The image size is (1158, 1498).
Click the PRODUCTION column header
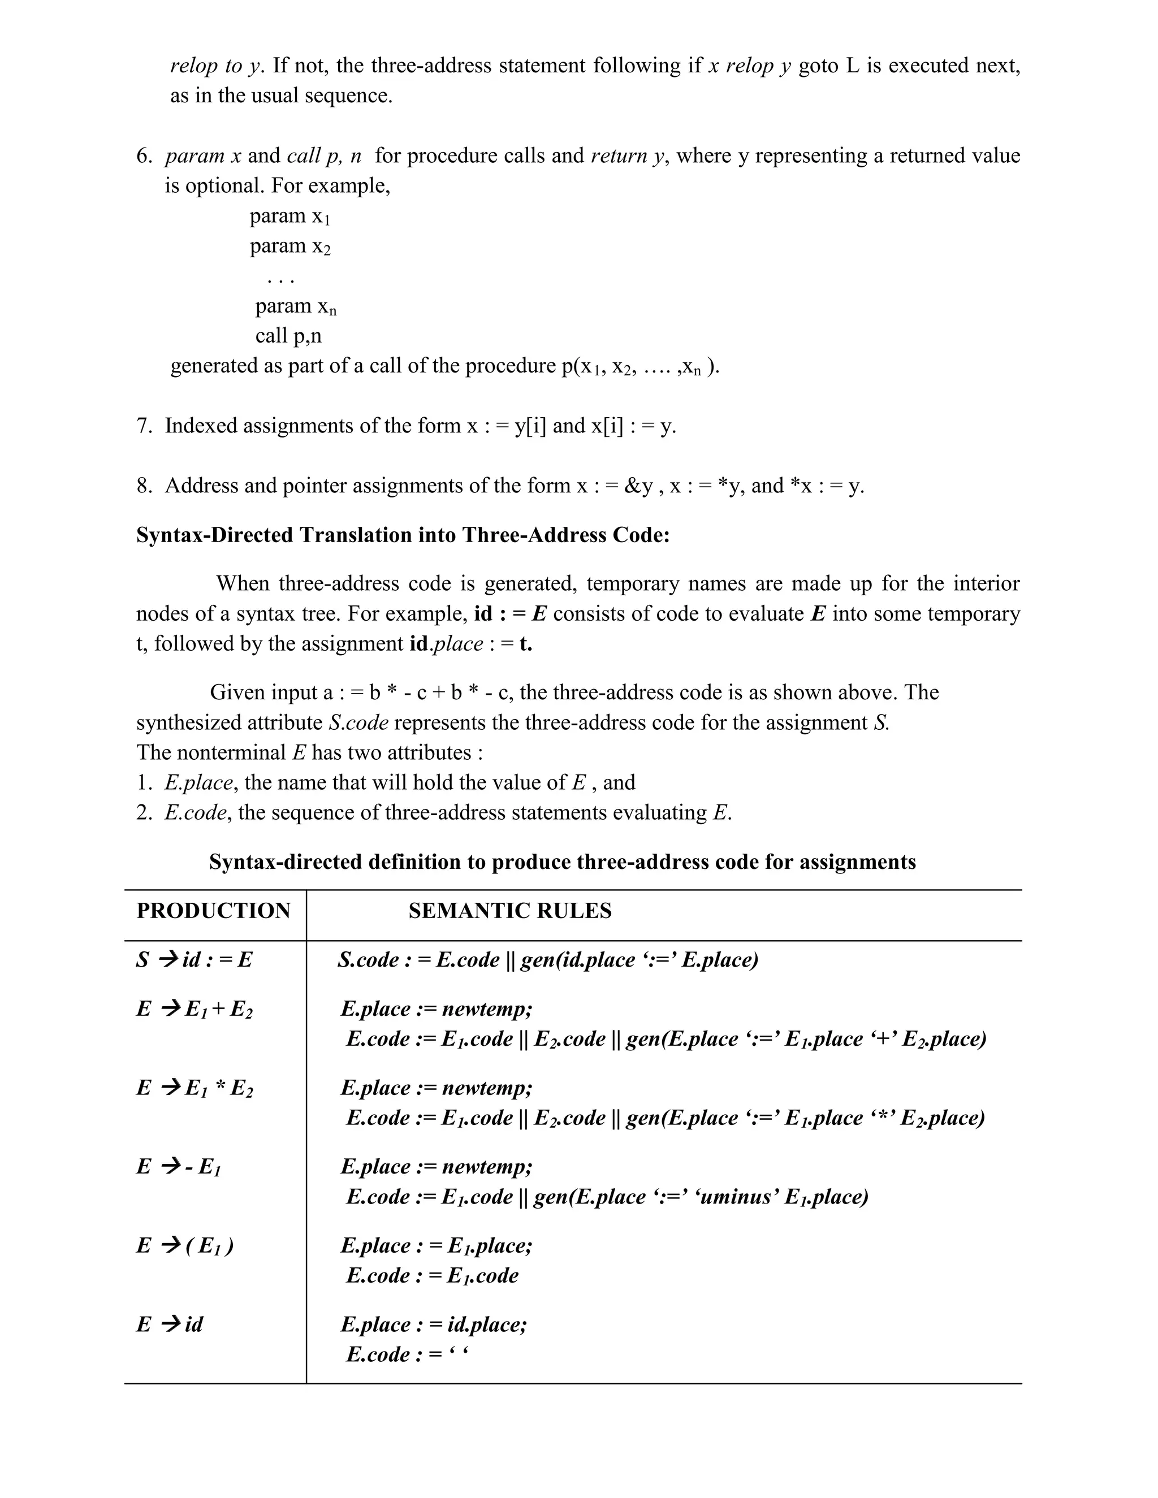tap(213, 911)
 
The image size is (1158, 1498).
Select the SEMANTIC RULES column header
tap(509, 911)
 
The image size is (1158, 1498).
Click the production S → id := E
tap(194, 960)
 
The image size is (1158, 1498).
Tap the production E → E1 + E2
tap(194, 1009)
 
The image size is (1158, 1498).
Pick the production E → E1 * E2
tap(194, 1088)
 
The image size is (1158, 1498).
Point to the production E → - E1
tap(178, 1167)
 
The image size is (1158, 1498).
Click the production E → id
tap(170, 1324)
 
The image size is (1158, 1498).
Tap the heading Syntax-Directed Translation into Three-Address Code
tap(403, 535)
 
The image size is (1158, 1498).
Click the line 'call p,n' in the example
tap(288, 336)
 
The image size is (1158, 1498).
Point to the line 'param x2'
tap(289, 246)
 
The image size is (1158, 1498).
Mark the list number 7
tap(144, 426)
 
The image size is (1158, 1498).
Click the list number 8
tap(144, 486)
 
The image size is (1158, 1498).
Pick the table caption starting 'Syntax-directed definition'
tap(562, 862)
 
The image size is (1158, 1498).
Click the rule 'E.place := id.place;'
tap(434, 1324)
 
